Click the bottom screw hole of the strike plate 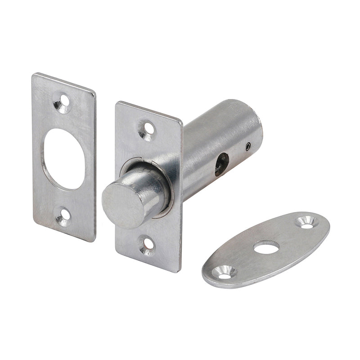pyautogui.click(x=63, y=217)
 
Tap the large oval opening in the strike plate pyautogui.click(x=64, y=159)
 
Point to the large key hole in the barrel pyautogui.click(x=221, y=164)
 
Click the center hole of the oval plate pyautogui.click(x=266, y=247)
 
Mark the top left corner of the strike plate pyautogui.click(x=34, y=75)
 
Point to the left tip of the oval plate pyautogui.click(x=204, y=275)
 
